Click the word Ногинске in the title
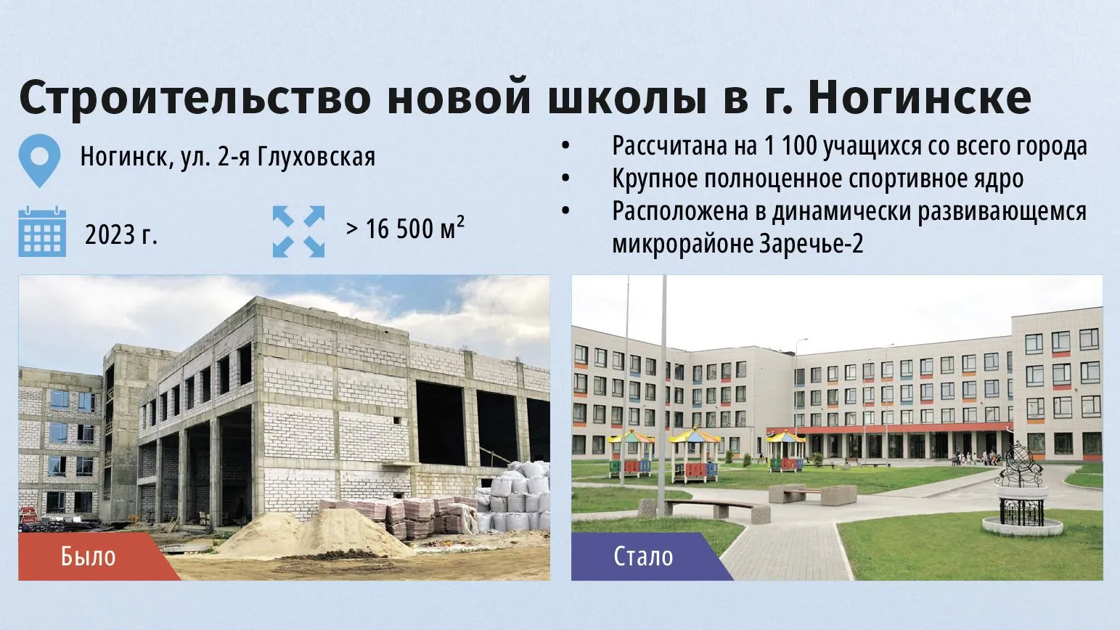[920, 97]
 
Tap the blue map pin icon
[39, 160]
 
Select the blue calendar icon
[42, 231]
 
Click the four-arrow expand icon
[298, 232]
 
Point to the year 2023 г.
[121, 234]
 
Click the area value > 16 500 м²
[405, 229]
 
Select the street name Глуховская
[316, 157]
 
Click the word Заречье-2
[812, 244]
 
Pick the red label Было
[88, 557]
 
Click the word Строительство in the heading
[195, 97]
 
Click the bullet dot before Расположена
[565, 211]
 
